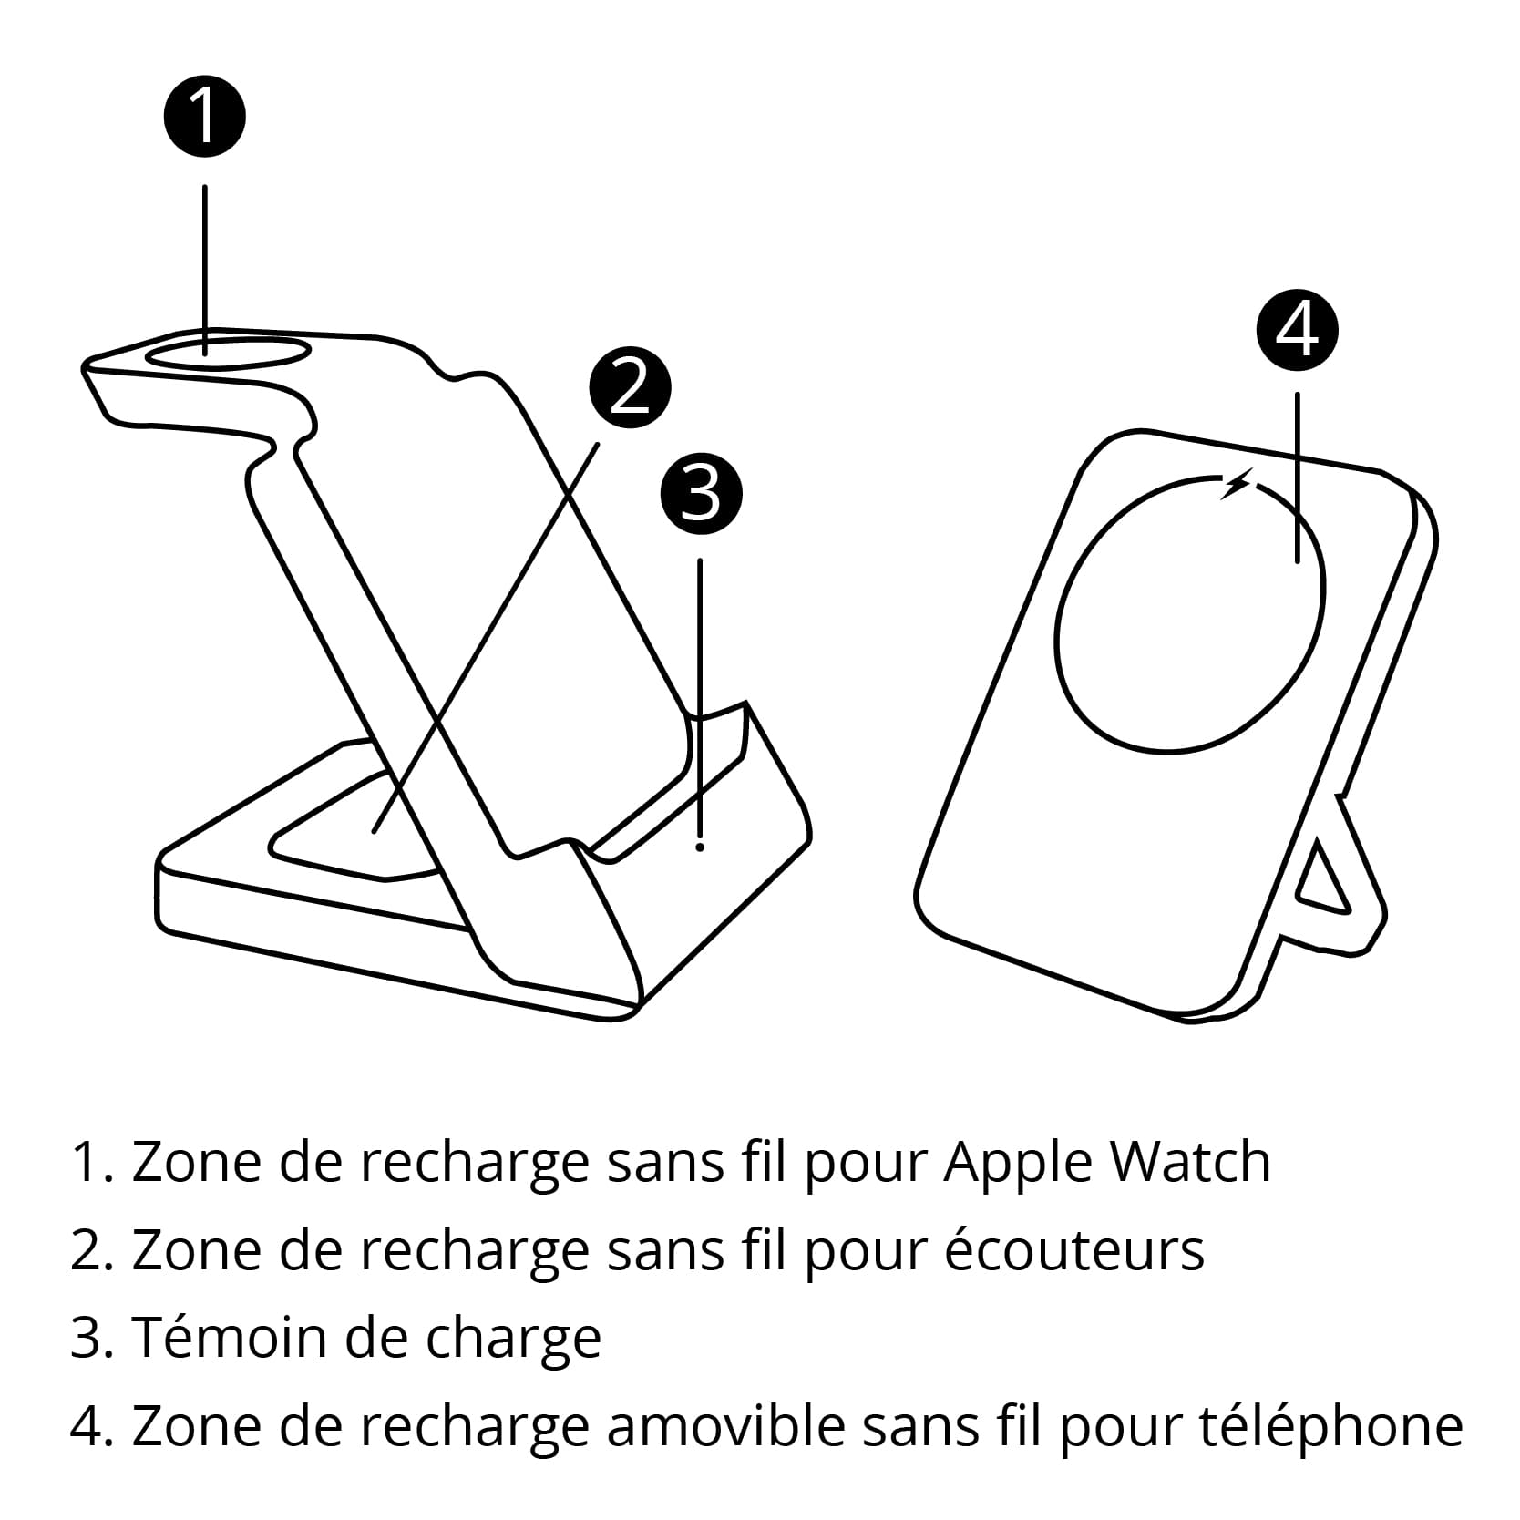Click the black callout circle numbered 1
(204, 117)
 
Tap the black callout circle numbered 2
(630, 389)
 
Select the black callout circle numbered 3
(701, 495)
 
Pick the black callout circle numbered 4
(1297, 330)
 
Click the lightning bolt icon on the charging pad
(1236, 484)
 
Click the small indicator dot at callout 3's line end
(700, 847)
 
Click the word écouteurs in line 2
(1074, 1248)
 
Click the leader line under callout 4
(1297, 478)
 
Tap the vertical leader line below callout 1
(204, 270)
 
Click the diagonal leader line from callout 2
(486, 637)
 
